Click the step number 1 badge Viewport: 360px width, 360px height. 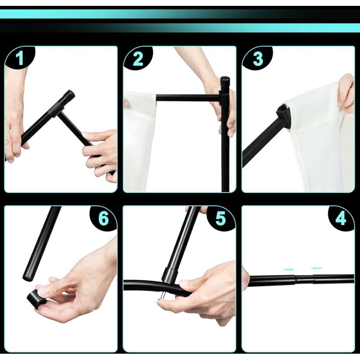[20, 58]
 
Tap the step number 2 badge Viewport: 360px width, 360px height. [138, 58]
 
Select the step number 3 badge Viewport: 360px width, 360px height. [257, 58]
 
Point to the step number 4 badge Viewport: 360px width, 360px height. [340, 218]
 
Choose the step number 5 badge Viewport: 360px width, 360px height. [220, 218]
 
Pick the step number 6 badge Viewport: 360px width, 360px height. [103, 218]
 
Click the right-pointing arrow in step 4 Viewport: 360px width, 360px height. [288, 269]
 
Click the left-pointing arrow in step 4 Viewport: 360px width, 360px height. [317, 268]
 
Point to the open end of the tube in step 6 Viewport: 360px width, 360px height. [27, 278]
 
